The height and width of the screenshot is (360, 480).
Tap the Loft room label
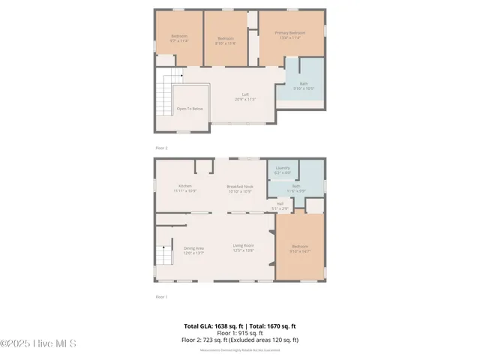pyautogui.click(x=244, y=94)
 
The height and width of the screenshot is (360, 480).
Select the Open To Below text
pyautogui.click(x=189, y=109)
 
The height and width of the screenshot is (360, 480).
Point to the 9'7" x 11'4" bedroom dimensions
pyautogui.click(x=178, y=41)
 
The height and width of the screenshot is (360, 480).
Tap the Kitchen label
pyautogui.click(x=184, y=186)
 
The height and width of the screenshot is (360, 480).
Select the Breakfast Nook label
pyautogui.click(x=240, y=186)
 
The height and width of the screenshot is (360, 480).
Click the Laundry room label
pyautogui.click(x=283, y=168)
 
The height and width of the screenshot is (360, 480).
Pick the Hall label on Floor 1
pyautogui.click(x=280, y=203)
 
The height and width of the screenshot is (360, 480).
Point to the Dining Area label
pyautogui.click(x=193, y=247)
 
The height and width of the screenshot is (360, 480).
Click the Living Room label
pyautogui.click(x=242, y=247)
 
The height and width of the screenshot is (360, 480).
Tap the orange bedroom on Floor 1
pyautogui.click(x=299, y=247)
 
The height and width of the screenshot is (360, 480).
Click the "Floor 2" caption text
pyautogui.click(x=161, y=148)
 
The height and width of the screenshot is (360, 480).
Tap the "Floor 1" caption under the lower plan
pyautogui.click(x=161, y=297)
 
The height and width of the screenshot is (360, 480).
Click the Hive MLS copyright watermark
pyautogui.click(x=39, y=343)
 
